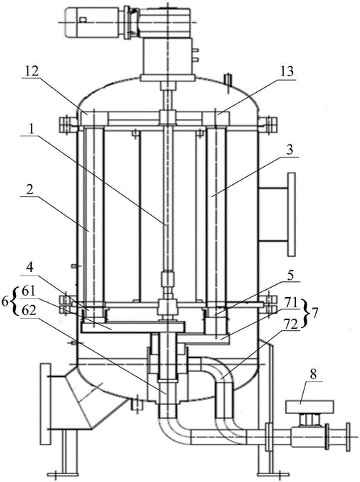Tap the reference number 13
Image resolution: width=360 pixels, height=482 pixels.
[287, 71]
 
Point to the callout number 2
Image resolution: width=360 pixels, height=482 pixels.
[30, 191]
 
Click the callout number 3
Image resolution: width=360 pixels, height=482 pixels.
[289, 150]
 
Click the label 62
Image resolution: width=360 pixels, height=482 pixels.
[30, 310]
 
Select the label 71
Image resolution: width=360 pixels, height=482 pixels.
[290, 304]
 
